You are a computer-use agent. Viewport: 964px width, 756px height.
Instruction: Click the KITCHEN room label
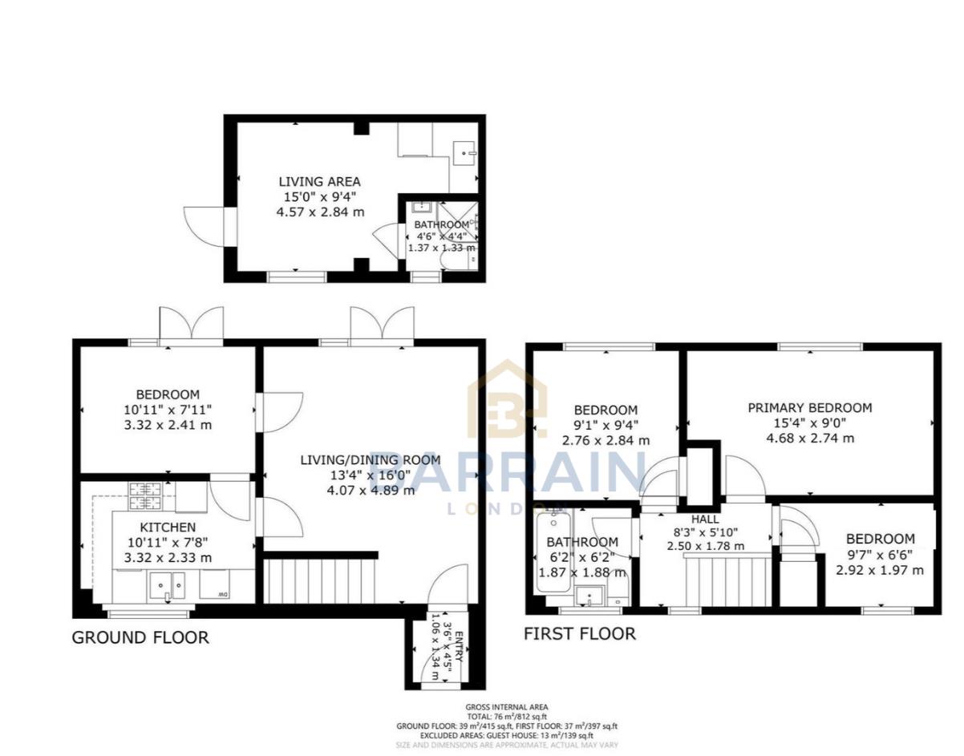tap(168, 528)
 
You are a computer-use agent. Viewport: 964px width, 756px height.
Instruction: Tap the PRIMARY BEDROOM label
tap(809, 408)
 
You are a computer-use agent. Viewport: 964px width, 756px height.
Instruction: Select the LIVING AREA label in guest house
tap(319, 182)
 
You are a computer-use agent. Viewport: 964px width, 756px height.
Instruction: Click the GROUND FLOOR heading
tap(140, 638)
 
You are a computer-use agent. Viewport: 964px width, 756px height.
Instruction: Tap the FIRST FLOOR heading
tap(579, 634)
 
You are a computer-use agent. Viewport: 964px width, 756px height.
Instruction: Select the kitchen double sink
tap(167, 587)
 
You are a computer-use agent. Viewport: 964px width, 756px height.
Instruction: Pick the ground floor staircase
tap(321, 580)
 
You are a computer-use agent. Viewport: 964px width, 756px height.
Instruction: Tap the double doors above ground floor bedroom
tap(191, 325)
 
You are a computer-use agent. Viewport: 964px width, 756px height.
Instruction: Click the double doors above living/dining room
tap(382, 325)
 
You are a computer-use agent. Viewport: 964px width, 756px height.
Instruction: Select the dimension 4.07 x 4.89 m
tap(371, 490)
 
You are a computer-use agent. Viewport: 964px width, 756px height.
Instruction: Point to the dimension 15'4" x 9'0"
tap(809, 423)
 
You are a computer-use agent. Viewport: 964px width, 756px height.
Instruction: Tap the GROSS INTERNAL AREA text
tap(506, 707)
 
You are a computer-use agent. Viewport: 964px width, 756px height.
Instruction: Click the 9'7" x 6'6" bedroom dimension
tap(879, 555)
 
